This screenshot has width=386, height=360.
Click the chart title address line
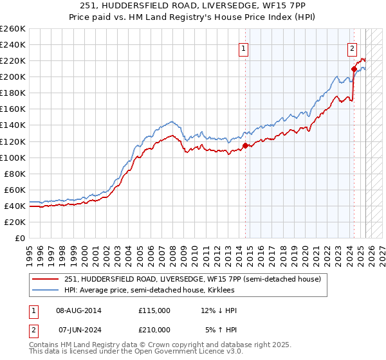[x=192, y=6]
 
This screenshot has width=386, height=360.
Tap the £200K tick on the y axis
[x=13, y=76]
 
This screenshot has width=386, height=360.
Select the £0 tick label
[x=19, y=238]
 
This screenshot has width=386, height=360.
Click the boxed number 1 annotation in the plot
[x=245, y=48]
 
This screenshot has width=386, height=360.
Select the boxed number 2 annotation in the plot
[x=353, y=48]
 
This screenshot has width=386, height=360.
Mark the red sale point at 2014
[x=245, y=145]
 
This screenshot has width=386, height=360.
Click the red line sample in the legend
[x=46, y=278]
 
